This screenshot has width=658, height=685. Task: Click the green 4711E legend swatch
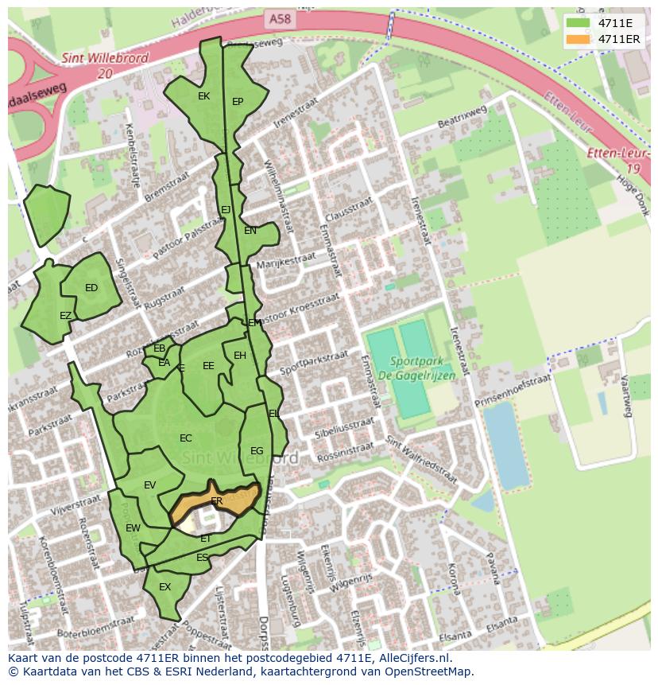coord(579,23)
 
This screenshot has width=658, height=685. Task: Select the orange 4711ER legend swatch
coord(579,39)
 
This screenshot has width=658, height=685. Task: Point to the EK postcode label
coord(203,96)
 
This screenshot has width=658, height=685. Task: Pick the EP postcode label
coord(238,102)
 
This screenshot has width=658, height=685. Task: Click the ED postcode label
coord(91,288)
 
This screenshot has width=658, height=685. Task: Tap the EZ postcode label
coord(66,316)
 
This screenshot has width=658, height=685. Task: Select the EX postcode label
coord(165,587)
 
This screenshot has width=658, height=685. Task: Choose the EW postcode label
coord(133,527)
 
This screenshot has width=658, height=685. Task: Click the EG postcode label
coord(257,451)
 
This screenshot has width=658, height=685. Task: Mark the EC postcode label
coord(186,438)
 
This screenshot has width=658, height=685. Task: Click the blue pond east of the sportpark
coord(505,445)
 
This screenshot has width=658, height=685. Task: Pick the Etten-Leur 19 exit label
coord(618,161)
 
